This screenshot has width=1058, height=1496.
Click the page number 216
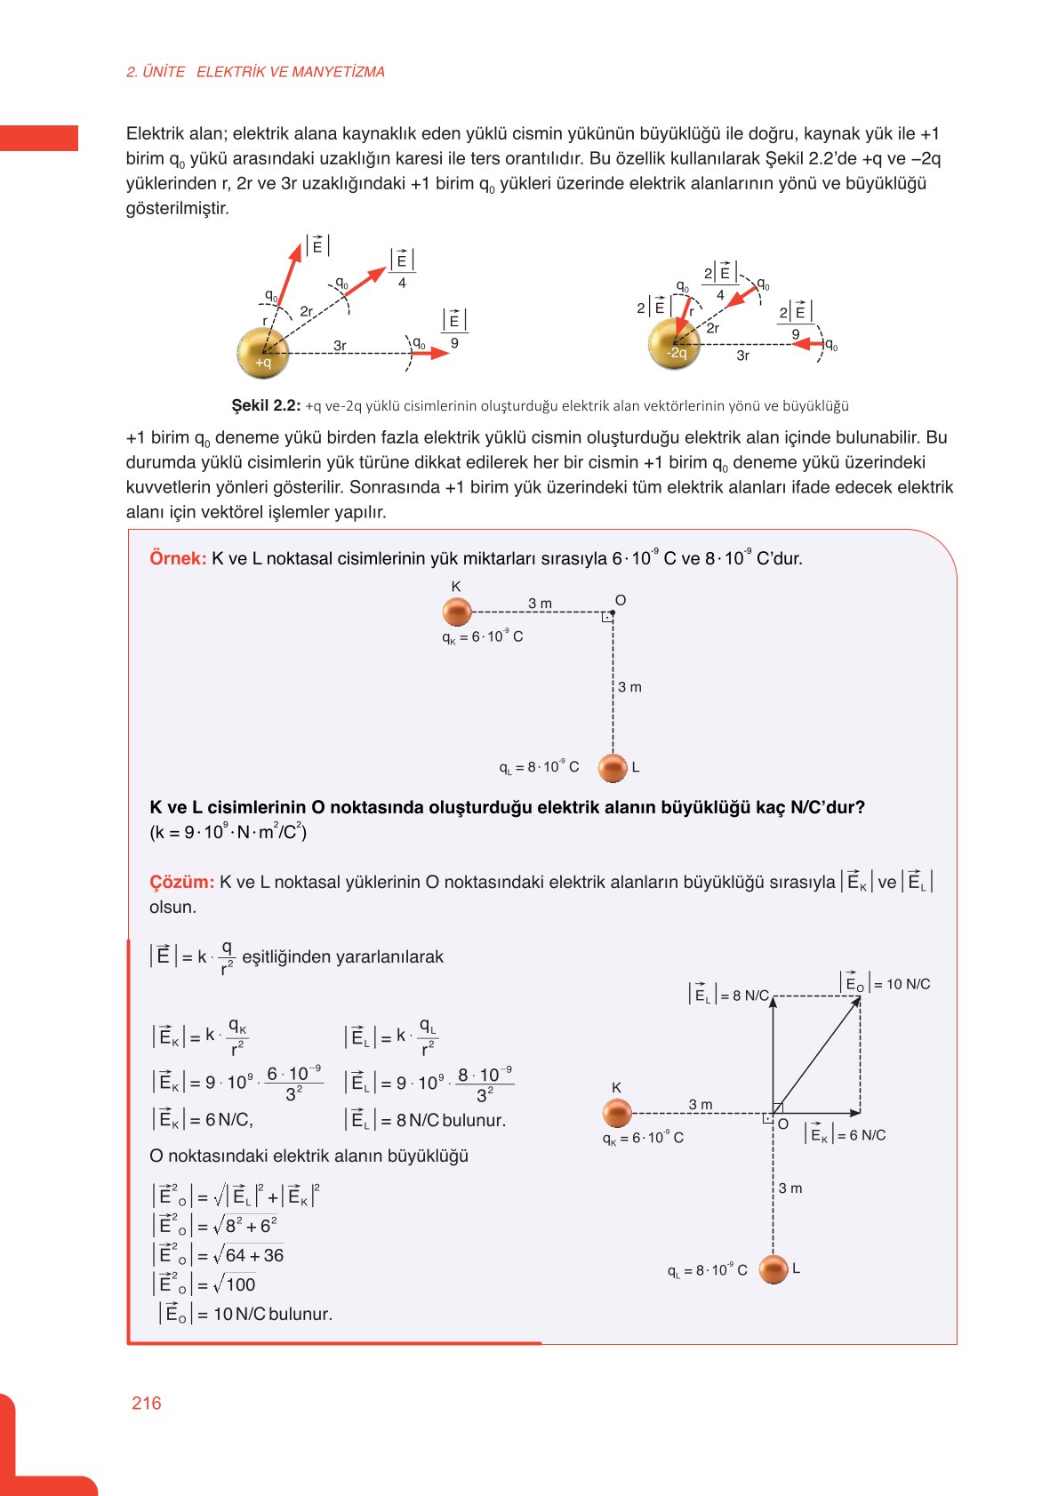tap(146, 1403)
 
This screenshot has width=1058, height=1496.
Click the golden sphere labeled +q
tap(263, 353)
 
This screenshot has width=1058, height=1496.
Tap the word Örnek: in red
tap(178, 558)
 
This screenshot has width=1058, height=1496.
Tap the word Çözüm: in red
tap(181, 882)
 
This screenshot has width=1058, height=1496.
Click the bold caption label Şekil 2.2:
tap(266, 405)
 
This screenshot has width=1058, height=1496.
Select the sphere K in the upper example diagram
tap(457, 612)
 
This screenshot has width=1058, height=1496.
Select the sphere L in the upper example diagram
tap(613, 767)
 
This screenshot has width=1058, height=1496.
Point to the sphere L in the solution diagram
tap(773, 1269)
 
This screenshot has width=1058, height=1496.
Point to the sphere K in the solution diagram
tap(617, 1112)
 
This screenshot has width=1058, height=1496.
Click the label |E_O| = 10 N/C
tap(886, 983)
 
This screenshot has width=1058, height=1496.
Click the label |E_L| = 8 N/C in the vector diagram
tap(729, 995)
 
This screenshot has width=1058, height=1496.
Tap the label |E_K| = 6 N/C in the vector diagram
tap(846, 1134)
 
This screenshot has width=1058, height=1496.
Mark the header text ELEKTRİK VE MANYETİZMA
tap(290, 72)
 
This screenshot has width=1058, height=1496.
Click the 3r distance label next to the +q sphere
tap(340, 345)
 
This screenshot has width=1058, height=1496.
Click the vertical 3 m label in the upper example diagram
tap(629, 687)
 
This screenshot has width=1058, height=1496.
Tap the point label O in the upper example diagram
tap(621, 600)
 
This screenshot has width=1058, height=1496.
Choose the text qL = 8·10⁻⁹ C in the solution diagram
tap(708, 1270)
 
